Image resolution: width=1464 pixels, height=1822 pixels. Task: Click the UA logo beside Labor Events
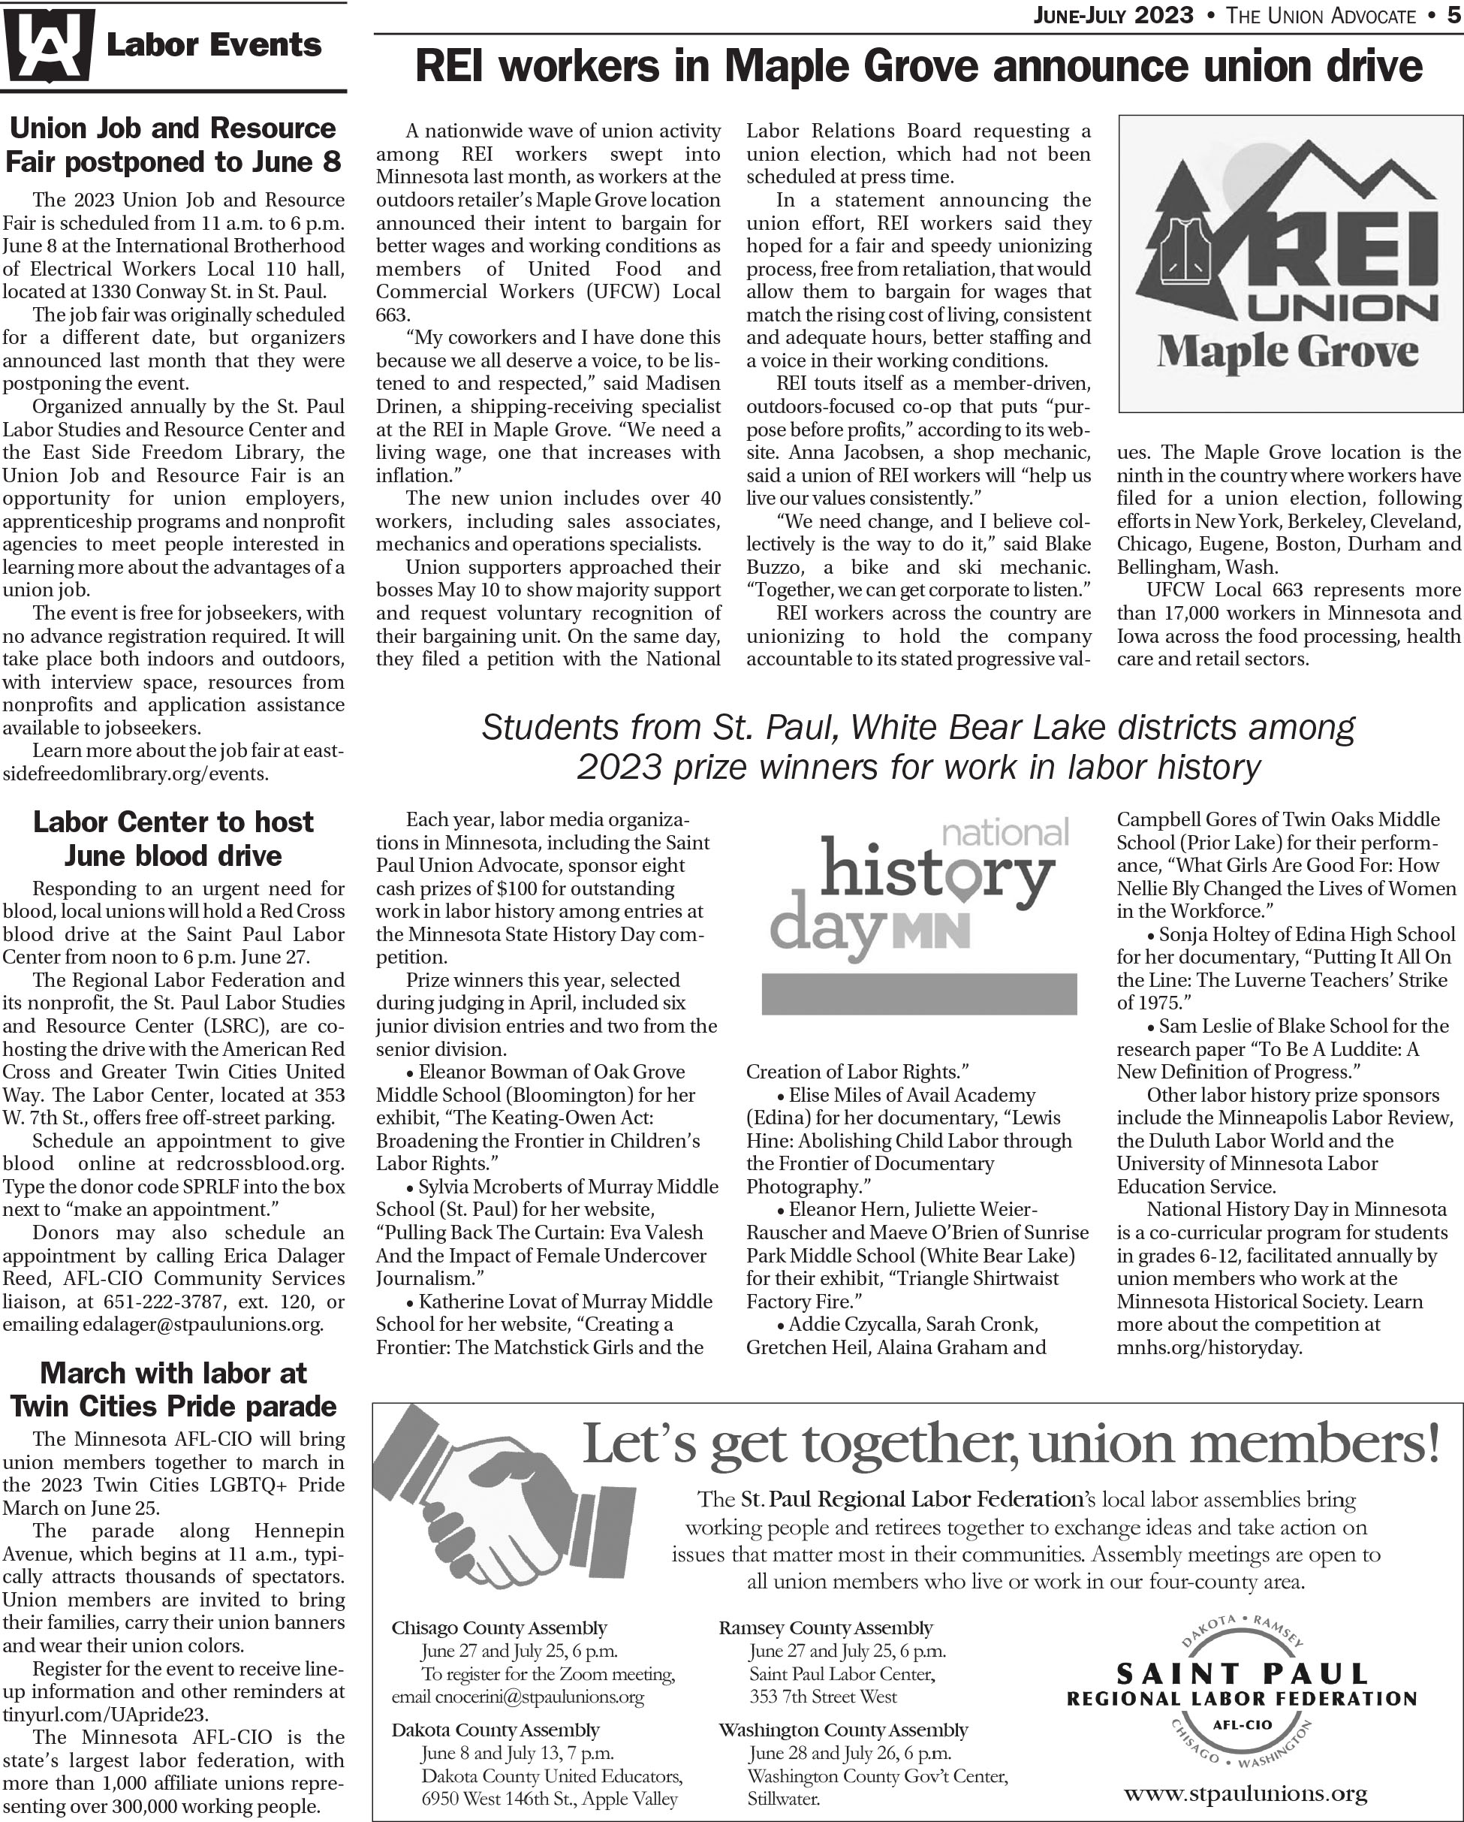[x=48, y=46]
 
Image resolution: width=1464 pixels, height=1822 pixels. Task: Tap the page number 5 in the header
[x=1452, y=15]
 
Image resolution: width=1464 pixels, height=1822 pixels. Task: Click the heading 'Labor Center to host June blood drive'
[x=173, y=838]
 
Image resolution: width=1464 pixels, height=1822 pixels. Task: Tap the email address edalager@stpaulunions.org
[x=203, y=1324]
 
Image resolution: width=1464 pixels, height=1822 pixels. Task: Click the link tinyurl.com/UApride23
[x=106, y=1715]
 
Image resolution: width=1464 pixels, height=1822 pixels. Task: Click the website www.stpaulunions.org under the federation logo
[x=1246, y=1793]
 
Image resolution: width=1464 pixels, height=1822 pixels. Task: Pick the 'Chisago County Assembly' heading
[x=499, y=1627]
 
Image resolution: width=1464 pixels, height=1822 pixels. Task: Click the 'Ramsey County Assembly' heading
[x=825, y=1627]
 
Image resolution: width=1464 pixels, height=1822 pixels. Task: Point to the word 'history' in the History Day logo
[x=937, y=871]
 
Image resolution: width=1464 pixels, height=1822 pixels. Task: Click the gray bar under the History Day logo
[x=919, y=994]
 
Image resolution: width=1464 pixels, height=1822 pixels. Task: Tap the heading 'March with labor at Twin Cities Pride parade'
[x=173, y=1389]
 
